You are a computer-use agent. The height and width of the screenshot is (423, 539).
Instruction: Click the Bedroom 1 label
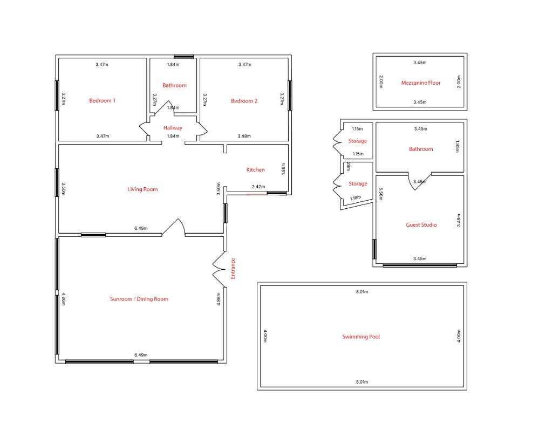point(102,101)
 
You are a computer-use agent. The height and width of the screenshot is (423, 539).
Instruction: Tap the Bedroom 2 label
point(244,101)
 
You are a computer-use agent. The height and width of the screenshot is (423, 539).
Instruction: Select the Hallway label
point(173,128)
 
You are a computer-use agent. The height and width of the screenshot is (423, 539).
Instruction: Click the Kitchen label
point(255,170)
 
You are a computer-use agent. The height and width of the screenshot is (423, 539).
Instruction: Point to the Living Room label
point(142,189)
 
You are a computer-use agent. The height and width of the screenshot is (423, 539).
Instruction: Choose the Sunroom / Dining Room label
point(139,299)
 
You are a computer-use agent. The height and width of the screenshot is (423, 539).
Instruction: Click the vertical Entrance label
point(233,269)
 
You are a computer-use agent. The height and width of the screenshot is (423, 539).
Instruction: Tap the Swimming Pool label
point(361,337)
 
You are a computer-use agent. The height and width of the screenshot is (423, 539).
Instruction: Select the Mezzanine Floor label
point(421,83)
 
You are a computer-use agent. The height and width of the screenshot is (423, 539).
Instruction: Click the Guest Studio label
point(421,225)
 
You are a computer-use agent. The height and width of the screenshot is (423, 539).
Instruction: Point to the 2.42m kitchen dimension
point(258,187)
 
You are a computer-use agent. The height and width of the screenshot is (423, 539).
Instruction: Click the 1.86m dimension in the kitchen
point(283,169)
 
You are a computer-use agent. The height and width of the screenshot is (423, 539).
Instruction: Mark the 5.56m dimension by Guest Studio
point(380,194)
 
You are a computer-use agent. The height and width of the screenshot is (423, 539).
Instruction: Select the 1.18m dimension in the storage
point(356,198)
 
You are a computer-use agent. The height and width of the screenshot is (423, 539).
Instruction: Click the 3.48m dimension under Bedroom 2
point(244,136)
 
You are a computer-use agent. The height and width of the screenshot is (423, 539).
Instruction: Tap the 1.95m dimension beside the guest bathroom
point(457,146)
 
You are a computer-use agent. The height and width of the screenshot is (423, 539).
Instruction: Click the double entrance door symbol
point(219,269)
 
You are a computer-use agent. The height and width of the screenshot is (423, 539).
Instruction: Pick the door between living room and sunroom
point(174,227)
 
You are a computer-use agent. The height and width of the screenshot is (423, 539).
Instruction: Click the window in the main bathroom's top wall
point(183,56)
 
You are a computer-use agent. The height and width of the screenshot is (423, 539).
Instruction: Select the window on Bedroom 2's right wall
point(290,95)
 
